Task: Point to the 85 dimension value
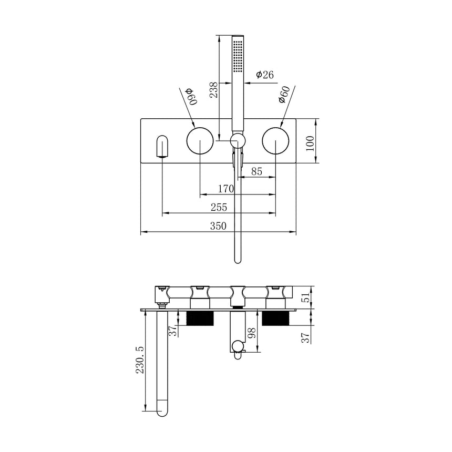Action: (257, 171)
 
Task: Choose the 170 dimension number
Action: (227, 189)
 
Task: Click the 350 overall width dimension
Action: (218, 226)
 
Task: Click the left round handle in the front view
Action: (200, 141)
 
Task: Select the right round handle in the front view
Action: (276, 141)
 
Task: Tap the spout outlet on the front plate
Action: (162, 147)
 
